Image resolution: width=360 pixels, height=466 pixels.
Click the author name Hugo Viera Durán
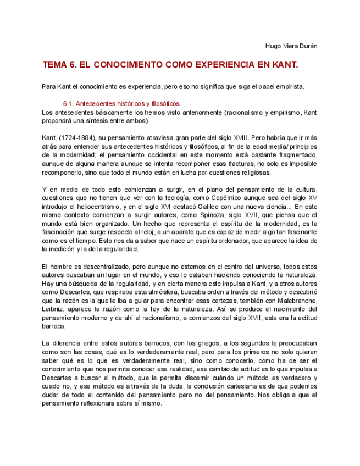pos(291,46)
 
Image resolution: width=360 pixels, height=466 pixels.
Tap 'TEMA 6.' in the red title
pos(59,65)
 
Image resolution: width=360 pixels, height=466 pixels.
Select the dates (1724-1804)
pos(80,137)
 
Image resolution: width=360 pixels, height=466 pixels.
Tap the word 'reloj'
pos(144,232)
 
